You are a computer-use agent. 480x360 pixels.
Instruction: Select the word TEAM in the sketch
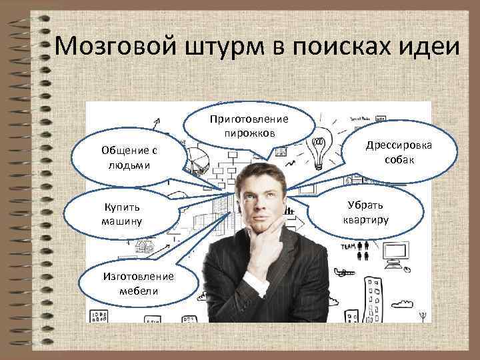tap(347, 246)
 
